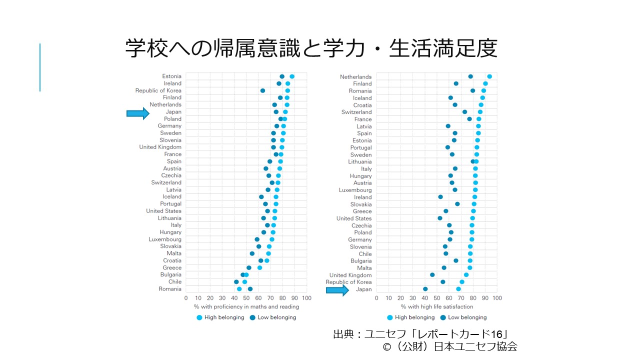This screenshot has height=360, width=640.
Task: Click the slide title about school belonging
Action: tap(311, 48)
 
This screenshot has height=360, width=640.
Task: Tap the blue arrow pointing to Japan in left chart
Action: tap(137, 114)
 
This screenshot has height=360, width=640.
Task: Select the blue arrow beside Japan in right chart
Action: tap(337, 290)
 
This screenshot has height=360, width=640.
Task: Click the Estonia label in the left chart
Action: tap(171, 76)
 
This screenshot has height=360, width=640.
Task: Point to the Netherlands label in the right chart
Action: tap(355, 77)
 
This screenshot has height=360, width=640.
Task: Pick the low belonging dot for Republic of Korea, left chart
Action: tap(262, 90)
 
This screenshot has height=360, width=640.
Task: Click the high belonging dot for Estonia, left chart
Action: tap(292, 76)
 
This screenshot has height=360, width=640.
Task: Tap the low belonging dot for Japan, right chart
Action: tap(425, 289)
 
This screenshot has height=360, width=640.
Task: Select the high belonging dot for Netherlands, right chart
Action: tap(489, 76)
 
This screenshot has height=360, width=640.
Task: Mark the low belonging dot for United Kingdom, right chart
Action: tap(432, 275)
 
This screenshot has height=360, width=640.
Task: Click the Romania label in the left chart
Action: tap(170, 289)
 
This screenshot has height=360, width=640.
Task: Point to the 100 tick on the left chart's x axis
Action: tap(307, 298)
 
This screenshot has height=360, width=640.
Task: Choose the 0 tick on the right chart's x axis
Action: tap(376, 298)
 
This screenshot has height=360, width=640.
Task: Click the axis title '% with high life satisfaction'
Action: tap(436, 306)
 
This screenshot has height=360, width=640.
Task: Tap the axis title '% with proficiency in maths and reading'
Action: tap(246, 306)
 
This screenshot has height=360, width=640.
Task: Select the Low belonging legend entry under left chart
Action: tap(273, 317)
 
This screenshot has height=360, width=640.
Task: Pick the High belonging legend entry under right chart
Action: tap(411, 317)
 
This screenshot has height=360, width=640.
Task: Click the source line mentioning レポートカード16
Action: tap(420, 334)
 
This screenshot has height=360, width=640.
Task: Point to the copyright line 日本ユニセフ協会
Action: tap(449, 346)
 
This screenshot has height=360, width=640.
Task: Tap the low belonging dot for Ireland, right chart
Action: tap(440, 197)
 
